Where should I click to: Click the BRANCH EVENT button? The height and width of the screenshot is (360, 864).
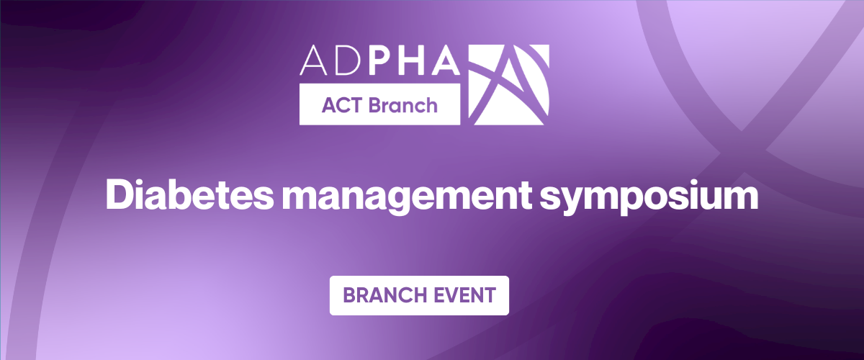pos(419,295)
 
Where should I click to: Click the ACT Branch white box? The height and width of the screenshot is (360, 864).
pos(379,105)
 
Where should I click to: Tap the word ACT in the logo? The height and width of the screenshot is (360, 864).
pos(342,105)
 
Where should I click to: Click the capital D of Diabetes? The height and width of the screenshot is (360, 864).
pos(119,194)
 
